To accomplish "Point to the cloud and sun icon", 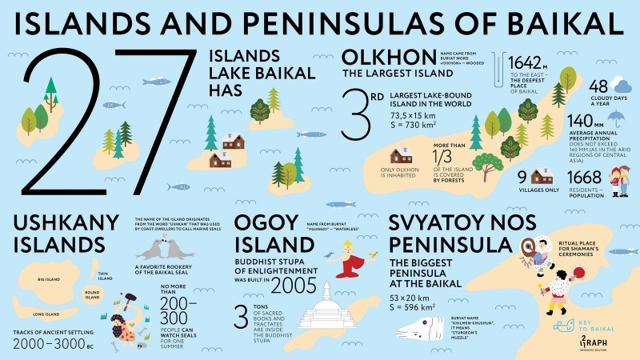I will tap(621, 85).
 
